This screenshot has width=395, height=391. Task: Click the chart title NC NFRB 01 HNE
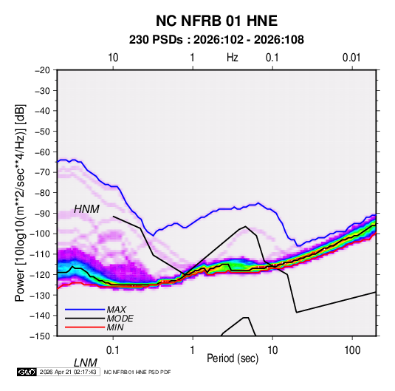click(x=216, y=21)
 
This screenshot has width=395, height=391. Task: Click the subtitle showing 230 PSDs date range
click(x=216, y=40)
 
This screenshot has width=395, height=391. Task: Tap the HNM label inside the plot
click(x=86, y=209)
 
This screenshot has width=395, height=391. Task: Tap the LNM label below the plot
click(x=86, y=363)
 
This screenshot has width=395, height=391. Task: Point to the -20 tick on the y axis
click(x=43, y=70)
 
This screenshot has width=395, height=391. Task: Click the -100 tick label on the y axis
click(x=40, y=234)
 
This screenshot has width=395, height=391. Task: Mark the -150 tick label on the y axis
click(x=40, y=336)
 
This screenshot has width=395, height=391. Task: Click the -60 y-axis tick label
click(x=43, y=152)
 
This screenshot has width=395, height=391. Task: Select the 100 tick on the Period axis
click(x=352, y=350)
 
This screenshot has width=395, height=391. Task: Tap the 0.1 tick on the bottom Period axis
click(x=112, y=350)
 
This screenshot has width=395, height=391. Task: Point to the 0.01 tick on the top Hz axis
click(x=351, y=58)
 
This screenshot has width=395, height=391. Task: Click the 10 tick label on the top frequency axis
click(x=113, y=58)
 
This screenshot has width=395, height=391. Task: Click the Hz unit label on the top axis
click(x=233, y=58)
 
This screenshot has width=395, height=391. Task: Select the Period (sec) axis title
click(x=233, y=358)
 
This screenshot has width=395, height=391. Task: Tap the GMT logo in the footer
click(x=27, y=372)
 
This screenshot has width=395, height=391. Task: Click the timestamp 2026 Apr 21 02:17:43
click(x=68, y=372)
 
